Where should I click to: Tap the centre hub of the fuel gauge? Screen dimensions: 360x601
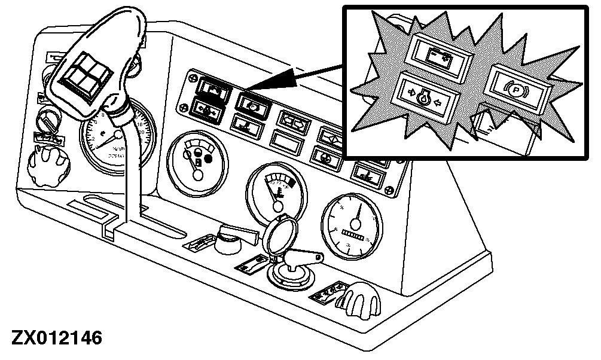click(x=196, y=174)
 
